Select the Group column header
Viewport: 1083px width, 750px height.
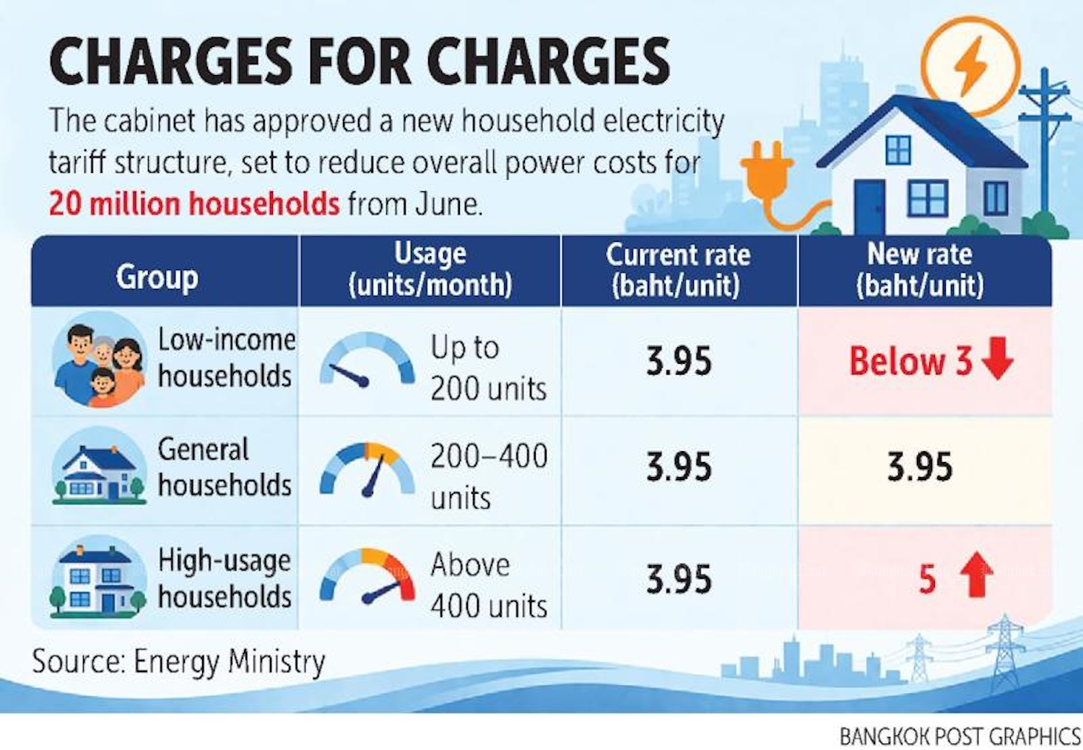[157, 276]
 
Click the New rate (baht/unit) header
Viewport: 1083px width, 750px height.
[920, 269]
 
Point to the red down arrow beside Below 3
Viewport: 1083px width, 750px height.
[998, 358]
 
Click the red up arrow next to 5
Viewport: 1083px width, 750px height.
[976, 575]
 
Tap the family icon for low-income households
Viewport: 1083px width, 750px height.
[99, 359]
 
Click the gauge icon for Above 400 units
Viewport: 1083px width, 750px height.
[367, 577]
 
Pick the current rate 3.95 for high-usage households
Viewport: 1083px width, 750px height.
[679, 579]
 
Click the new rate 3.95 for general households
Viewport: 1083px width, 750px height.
[920, 467]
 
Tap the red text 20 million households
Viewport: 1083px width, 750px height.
[193, 204]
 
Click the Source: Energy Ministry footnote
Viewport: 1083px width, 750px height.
[178, 661]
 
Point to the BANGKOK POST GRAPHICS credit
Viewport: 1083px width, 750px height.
[960, 736]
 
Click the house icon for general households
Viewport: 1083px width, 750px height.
[99, 469]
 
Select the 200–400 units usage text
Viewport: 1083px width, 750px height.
[488, 476]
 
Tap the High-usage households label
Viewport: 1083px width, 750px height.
[225, 578]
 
